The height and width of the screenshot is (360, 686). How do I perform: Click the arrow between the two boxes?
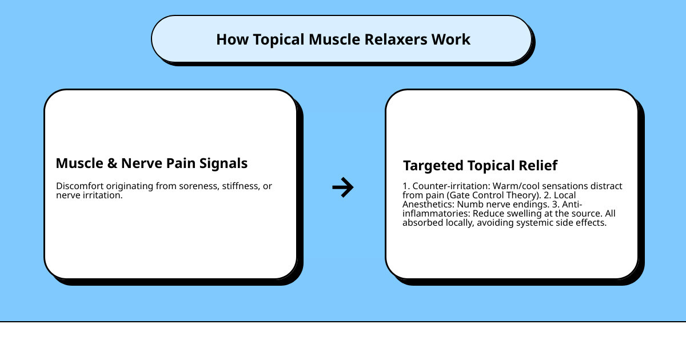coord(343,187)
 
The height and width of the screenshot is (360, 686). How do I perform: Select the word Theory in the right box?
coord(524,195)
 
